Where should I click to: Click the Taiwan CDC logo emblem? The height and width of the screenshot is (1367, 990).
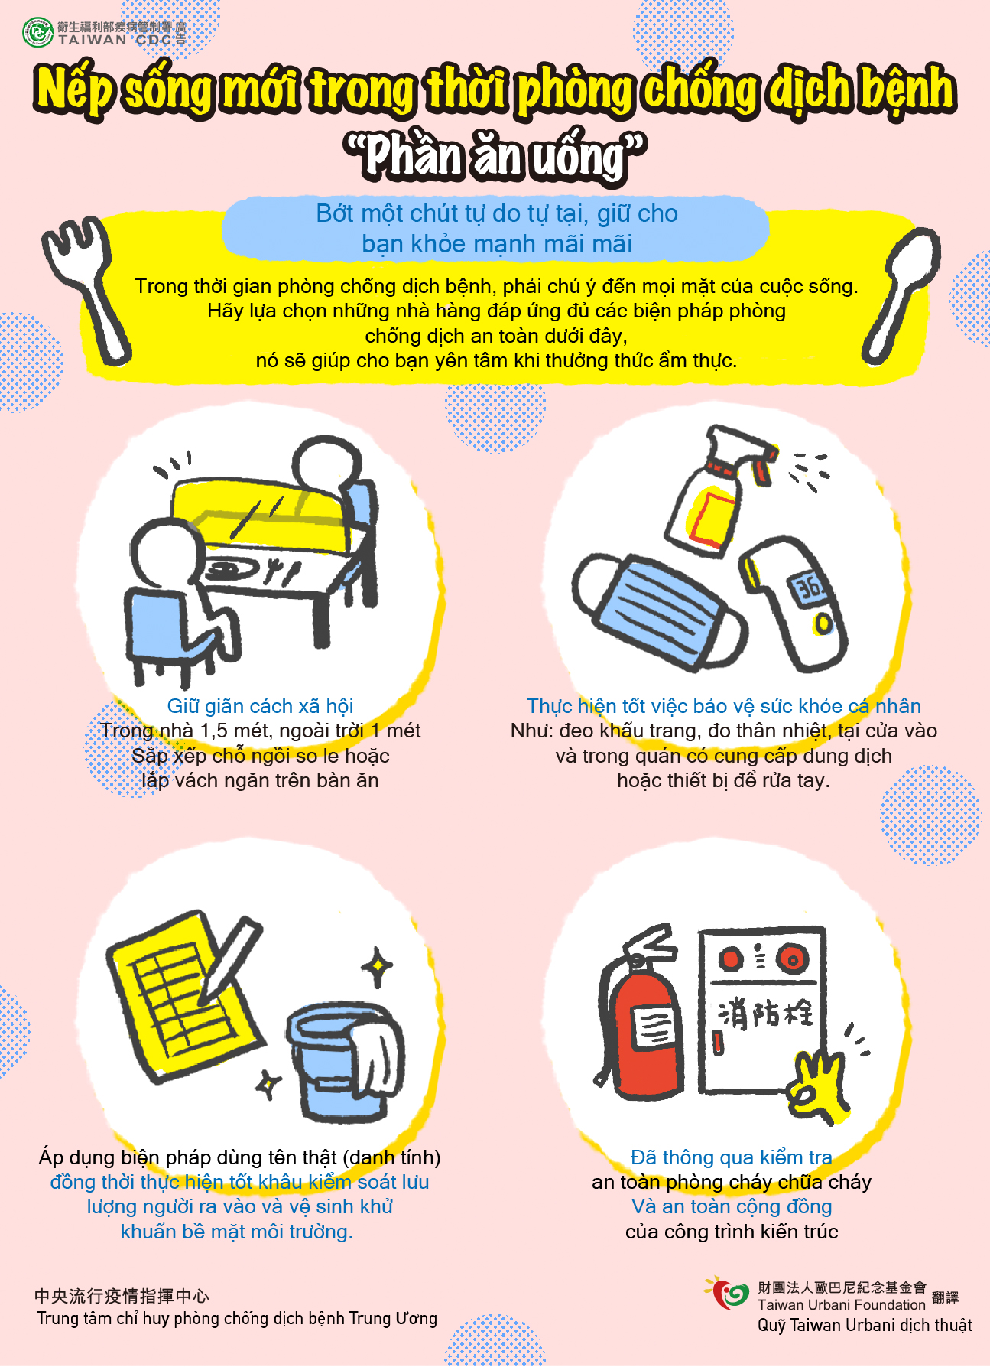click(x=37, y=33)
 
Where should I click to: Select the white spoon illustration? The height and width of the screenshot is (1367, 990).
click(x=902, y=295)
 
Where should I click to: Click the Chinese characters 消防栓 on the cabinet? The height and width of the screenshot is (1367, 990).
click(x=765, y=1014)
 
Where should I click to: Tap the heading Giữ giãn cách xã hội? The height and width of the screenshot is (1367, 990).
click(x=260, y=706)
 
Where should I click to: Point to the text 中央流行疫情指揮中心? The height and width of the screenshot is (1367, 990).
click(x=122, y=1296)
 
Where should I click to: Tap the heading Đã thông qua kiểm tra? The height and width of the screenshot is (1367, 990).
click(x=732, y=1157)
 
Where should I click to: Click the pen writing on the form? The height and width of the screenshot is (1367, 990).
click(x=230, y=961)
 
